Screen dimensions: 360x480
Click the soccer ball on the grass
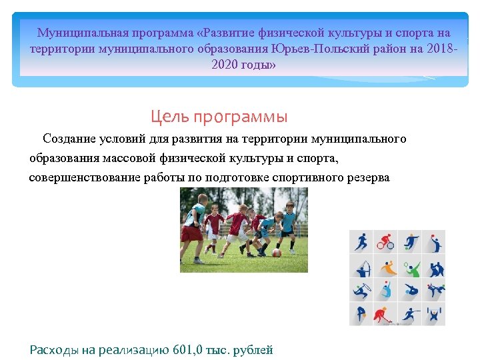coord(276,253)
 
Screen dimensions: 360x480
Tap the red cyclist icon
coord(385,241)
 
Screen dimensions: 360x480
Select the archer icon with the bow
coord(362,267)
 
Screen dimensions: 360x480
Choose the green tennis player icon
coord(411,267)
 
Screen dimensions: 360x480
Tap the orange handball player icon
coord(386,267)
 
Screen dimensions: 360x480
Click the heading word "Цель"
coord(169,117)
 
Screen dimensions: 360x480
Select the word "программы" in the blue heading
coord(241,117)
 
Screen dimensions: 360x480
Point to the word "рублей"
coord(255,350)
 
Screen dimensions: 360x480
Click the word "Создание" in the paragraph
coord(70,139)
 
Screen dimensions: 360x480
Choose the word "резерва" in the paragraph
coord(367,178)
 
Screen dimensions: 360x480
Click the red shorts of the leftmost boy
coord(191,233)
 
